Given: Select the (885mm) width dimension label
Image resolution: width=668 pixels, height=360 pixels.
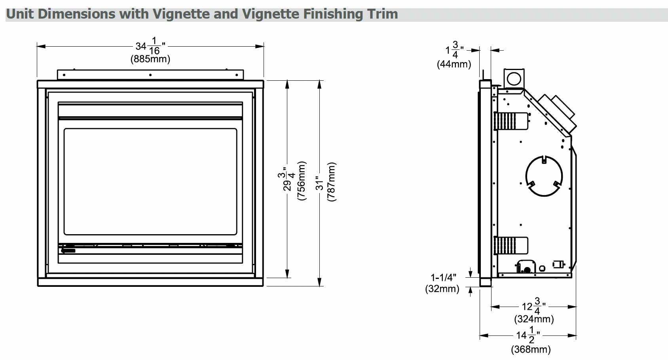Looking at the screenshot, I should coord(150,59).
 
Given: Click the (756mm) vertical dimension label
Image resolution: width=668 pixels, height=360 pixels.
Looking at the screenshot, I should coord(302,181).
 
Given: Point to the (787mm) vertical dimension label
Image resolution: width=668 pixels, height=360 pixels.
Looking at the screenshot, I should coord(331,181).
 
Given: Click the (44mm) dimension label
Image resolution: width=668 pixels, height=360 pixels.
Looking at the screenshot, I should coord(454,64).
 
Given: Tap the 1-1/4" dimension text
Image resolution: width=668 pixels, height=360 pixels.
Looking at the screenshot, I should coord(444,278).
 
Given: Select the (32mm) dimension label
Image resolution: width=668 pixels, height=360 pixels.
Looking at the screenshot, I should coord(442,289).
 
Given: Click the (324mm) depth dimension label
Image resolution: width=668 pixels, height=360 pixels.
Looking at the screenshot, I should coord(534,318).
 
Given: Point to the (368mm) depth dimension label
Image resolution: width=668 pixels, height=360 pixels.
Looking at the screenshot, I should coord(531,349).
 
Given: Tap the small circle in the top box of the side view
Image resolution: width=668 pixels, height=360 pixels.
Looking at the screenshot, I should coord(514,79).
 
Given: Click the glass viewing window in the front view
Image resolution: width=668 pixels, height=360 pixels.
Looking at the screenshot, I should coord(150,181).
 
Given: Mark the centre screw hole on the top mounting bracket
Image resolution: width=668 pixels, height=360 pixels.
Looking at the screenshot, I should coord(150,74).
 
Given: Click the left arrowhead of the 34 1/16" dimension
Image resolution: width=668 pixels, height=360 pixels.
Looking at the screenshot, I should coord(40,46).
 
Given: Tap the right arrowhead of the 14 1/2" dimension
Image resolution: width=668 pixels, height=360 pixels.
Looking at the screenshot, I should coord(573,336).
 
